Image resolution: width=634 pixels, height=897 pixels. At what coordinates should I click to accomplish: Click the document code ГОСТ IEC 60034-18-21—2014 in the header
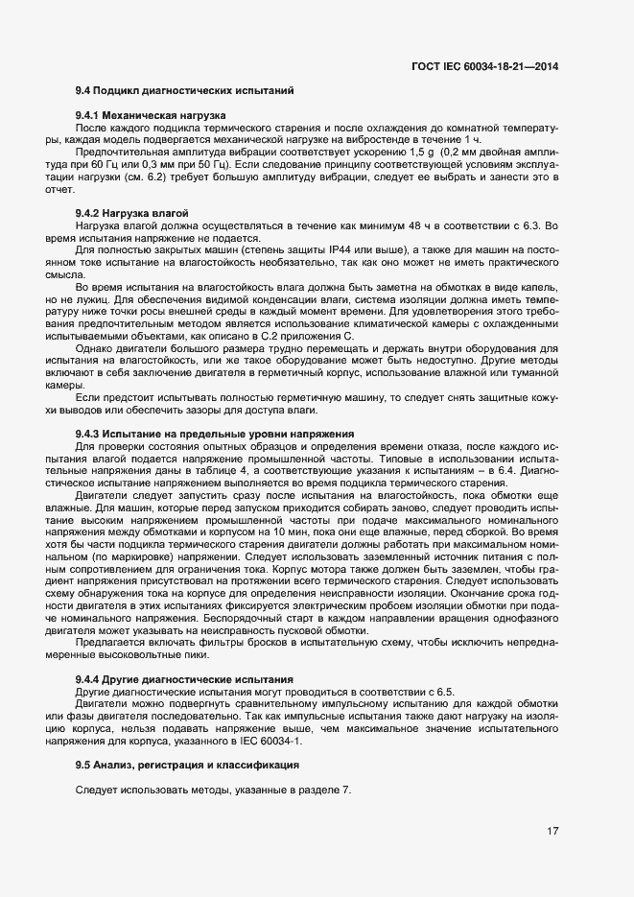[x=485, y=66]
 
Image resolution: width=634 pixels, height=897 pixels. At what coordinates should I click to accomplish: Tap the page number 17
[x=552, y=832]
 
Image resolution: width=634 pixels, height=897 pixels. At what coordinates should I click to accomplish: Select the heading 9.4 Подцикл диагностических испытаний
[x=184, y=91]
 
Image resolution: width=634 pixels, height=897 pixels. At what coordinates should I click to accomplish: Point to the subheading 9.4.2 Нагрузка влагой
[x=131, y=212]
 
